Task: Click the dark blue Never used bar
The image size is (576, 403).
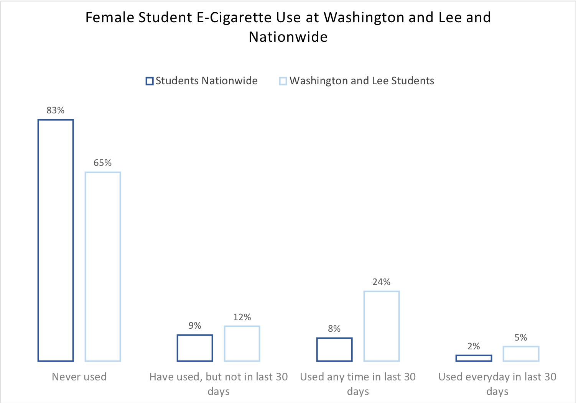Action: [x=56, y=240]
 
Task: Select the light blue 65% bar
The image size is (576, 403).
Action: [x=103, y=267]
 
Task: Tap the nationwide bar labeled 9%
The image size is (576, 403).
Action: [x=195, y=348]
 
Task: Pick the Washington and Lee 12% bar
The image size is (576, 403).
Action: [x=242, y=344]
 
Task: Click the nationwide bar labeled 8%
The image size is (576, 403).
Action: [x=334, y=349]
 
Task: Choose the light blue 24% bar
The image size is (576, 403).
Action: [x=382, y=326]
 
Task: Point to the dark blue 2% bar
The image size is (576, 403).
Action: [x=474, y=358]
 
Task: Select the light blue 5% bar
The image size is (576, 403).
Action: [x=521, y=354]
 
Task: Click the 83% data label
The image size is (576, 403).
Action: [x=56, y=110]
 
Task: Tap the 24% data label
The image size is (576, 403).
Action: [x=382, y=282]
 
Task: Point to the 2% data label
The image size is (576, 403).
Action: [x=474, y=346]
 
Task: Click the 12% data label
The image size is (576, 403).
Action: [x=242, y=317]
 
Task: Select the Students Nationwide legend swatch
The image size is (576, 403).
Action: [x=150, y=81]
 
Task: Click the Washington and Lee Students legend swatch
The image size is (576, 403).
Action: [x=283, y=81]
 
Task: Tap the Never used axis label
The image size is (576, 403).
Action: [x=79, y=377]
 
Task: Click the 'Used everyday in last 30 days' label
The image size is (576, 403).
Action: [x=497, y=384]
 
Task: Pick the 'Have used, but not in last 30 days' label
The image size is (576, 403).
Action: [x=219, y=384]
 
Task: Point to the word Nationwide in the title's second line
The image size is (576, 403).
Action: [x=288, y=37]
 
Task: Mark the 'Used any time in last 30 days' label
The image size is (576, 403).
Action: [x=358, y=384]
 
